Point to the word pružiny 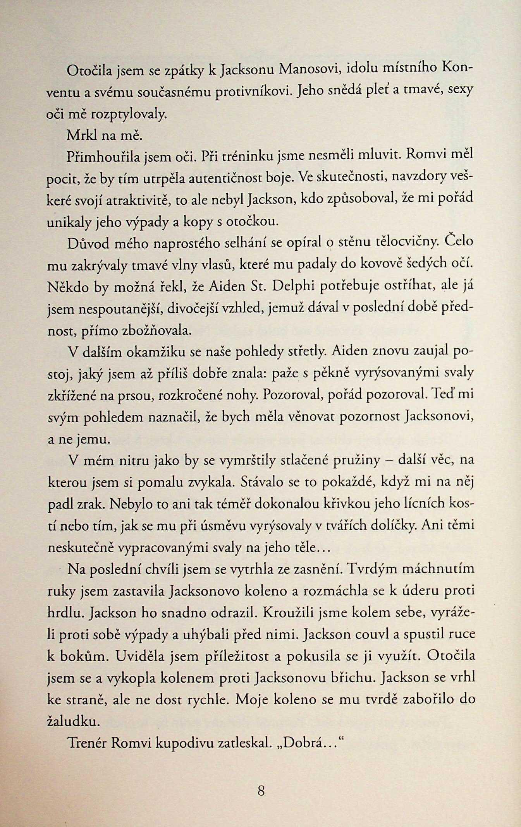(x=361, y=461)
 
